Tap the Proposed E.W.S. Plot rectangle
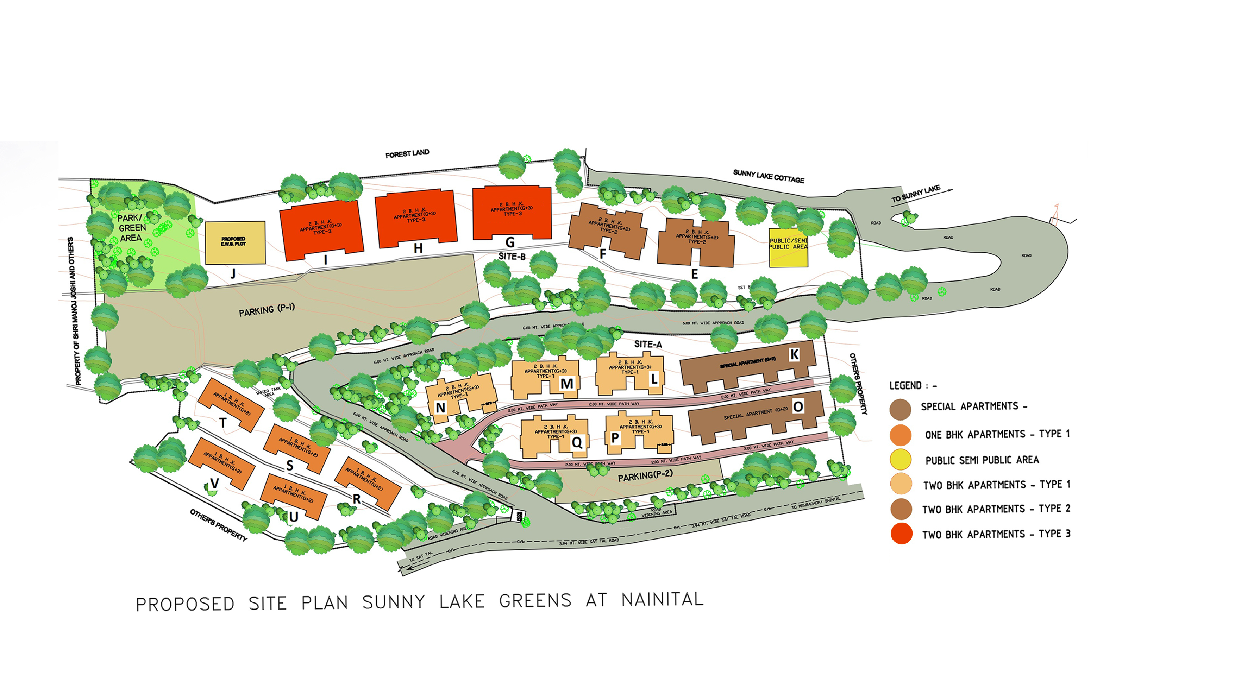(x=235, y=242)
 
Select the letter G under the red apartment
(x=510, y=242)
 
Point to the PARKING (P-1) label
(x=267, y=310)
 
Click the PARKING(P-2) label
(x=645, y=475)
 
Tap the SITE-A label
(x=648, y=344)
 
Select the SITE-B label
(x=512, y=257)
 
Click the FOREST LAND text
(x=407, y=154)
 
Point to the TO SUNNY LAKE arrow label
(x=916, y=194)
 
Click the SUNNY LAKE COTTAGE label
(x=769, y=176)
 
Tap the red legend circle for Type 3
(x=901, y=534)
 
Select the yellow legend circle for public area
(x=900, y=460)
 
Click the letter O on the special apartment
(x=798, y=407)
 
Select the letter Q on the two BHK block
(x=577, y=442)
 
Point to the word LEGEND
(x=905, y=386)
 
